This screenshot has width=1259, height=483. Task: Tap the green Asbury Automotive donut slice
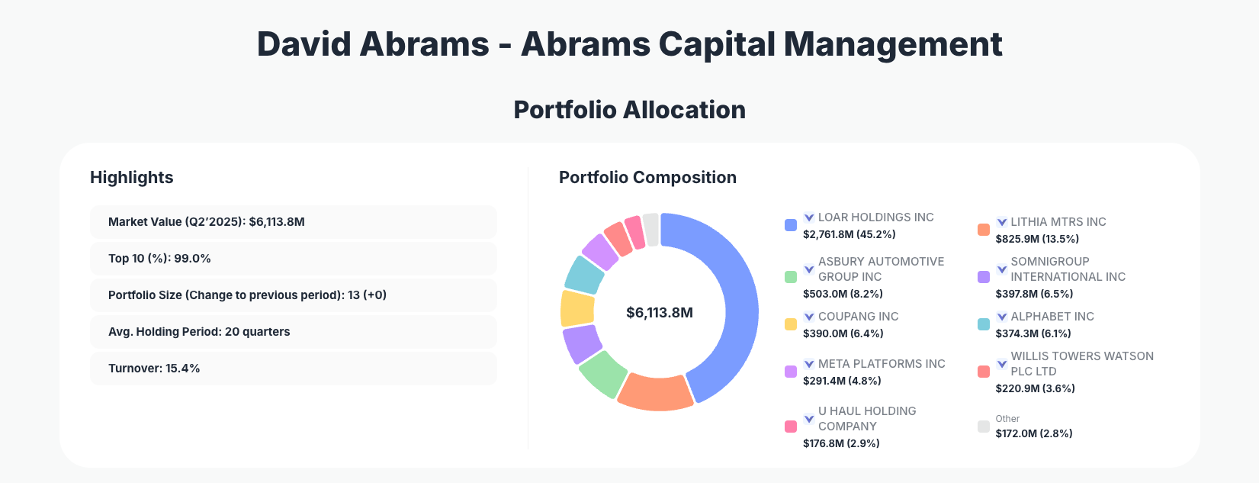point(602,373)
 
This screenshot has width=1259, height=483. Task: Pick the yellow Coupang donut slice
point(577,308)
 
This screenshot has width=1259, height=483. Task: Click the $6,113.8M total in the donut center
point(659,313)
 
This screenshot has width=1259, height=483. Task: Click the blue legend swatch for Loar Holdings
point(791,225)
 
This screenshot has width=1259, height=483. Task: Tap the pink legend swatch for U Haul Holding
point(791,427)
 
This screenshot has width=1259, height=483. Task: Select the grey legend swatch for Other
point(984,427)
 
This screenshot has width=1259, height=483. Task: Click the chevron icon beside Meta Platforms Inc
point(809,364)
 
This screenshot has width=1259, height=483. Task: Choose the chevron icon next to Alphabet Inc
point(1002,317)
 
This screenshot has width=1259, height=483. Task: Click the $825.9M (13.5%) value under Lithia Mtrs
point(1037,239)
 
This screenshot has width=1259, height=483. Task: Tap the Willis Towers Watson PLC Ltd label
point(1081,363)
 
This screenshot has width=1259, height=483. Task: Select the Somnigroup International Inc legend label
point(1068,269)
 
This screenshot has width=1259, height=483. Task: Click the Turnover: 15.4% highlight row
point(293,369)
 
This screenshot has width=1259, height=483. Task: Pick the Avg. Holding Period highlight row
point(293,332)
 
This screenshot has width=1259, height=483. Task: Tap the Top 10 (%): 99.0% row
point(293,259)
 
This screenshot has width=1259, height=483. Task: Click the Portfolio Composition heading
point(647,178)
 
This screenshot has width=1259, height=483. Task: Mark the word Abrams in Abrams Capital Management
point(585,44)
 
